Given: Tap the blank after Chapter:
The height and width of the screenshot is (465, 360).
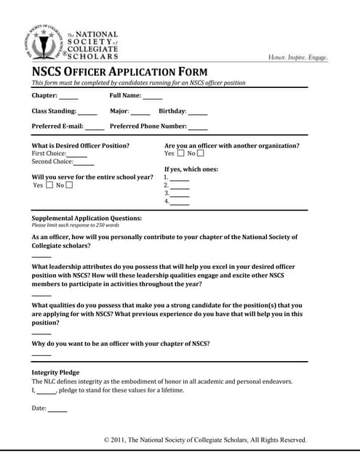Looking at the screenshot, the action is pyautogui.click(x=69, y=97).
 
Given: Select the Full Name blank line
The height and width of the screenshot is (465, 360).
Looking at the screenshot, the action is pyautogui.click(x=153, y=97).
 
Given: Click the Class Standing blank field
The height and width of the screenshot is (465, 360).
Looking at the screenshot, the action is pyautogui.click(x=87, y=113).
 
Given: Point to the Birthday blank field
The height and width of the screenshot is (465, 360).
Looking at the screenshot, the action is pyautogui.click(x=198, y=113).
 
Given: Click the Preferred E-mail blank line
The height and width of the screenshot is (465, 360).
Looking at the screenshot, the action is pyautogui.click(x=95, y=129).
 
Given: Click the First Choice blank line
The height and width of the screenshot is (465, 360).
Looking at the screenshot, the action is pyautogui.click(x=77, y=155).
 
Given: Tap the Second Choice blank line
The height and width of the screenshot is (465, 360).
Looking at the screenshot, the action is pyautogui.click(x=84, y=163).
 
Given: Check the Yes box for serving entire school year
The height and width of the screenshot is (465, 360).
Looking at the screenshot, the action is pyautogui.click(x=49, y=185).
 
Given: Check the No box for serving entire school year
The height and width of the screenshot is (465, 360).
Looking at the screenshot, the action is pyautogui.click(x=70, y=185).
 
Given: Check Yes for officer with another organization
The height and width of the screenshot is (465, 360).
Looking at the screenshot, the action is pyautogui.click(x=180, y=153).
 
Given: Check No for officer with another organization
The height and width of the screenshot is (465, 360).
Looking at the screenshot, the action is pyautogui.click(x=201, y=153).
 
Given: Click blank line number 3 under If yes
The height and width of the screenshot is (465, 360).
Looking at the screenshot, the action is pyautogui.click(x=180, y=195).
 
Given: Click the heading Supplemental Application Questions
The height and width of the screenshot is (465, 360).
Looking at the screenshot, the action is pyautogui.click(x=87, y=218).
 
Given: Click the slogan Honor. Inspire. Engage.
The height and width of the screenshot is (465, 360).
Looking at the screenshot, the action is pyautogui.click(x=298, y=57).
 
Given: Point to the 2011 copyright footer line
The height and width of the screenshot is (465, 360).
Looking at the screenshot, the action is pyautogui.click(x=205, y=440).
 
